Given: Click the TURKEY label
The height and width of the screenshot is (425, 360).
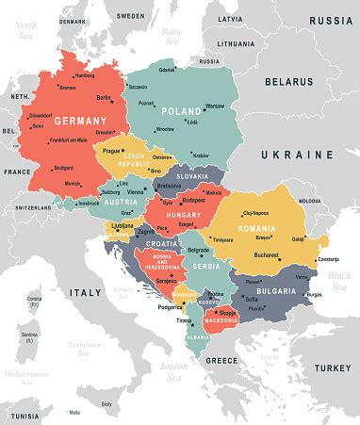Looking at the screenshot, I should (331, 366).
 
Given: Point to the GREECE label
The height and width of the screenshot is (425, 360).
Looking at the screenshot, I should (222, 360).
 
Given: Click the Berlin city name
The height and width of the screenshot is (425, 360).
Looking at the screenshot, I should (105, 97).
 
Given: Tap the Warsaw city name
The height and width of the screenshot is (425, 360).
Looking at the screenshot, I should (215, 106).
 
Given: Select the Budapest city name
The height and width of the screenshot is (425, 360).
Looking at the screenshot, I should (194, 201).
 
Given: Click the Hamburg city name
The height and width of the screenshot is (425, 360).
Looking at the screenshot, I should (84, 75).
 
